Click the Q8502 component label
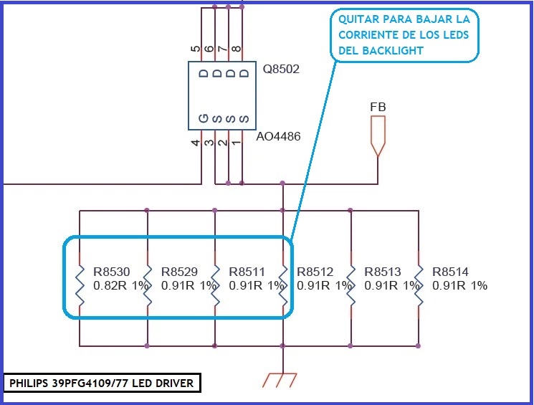coord(281,70)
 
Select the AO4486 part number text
coord(278,135)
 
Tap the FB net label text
coord(378,107)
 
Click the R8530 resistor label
coord(112,272)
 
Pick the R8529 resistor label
coord(180,272)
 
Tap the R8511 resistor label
coord(247,272)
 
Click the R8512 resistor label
coord(315,272)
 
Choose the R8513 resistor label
coord(383,272)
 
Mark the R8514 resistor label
coord(451,272)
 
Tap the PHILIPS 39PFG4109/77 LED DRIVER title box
coord(102,383)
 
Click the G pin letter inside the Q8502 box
coord(204,118)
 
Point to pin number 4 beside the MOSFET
coord(195,143)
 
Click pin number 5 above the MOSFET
coord(195,49)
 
